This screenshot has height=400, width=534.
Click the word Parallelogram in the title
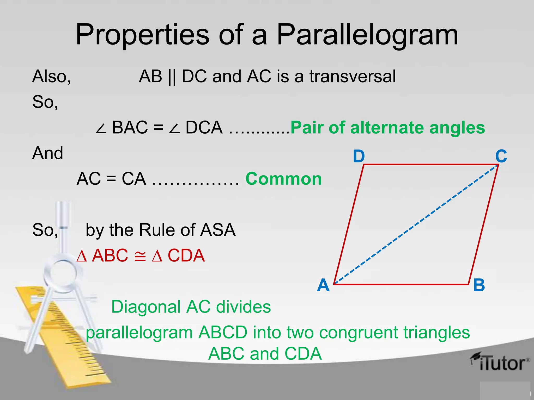coord(367,35)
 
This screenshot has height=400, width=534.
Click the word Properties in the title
coord(142,35)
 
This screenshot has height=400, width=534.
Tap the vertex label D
coord(359,156)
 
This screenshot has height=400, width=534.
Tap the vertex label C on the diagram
coord(501,156)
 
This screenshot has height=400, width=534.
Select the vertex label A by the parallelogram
coord(323,285)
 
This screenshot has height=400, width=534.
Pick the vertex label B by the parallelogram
coord(479,285)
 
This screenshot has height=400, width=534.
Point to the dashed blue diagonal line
coord(416,224)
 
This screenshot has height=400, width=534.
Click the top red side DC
coord(430,165)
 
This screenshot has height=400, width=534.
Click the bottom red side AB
coord(402,284)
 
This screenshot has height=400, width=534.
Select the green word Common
coord(284,179)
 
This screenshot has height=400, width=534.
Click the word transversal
coord(353,76)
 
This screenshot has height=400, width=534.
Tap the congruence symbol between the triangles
coord(140,256)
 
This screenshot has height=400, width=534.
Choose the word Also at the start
coord(51,76)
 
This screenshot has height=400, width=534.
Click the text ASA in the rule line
coord(218,230)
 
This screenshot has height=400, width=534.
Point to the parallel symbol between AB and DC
coord(172,77)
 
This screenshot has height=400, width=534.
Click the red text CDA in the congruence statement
coord(186,255)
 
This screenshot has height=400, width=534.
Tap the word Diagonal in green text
coord(146,307)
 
